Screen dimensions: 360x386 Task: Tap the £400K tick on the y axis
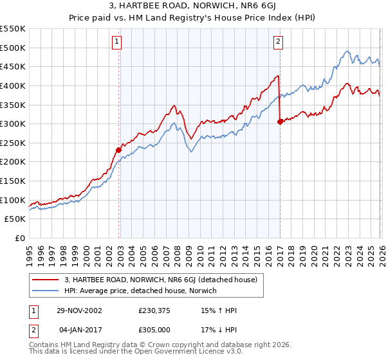click(13, 85)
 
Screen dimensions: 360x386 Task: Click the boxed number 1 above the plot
click(117, 42)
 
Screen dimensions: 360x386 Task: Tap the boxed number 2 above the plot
click(278, 42)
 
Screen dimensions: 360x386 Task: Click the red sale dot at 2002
click(119, 150)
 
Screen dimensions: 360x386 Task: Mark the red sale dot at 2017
click(280, 122)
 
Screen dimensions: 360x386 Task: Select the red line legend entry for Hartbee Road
click(161, 280)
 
